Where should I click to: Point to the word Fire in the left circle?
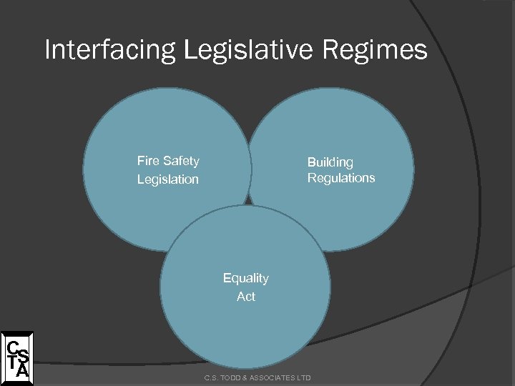pos(148,161)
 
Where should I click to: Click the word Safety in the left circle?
pos(181,161)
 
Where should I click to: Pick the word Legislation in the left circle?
pos(168,179)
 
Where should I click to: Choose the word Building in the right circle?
pos(330,163)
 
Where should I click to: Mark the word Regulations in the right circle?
pos(341,178)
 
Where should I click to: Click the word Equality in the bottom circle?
pos(246,278)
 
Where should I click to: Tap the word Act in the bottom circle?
pos(246,296)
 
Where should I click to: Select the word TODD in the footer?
pos(229,377)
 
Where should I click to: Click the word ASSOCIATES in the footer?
pos(273,377)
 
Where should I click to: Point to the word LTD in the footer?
pos(305,377)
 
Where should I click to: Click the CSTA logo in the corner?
pos(16,355)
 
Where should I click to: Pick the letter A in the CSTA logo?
pos(23,370)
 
